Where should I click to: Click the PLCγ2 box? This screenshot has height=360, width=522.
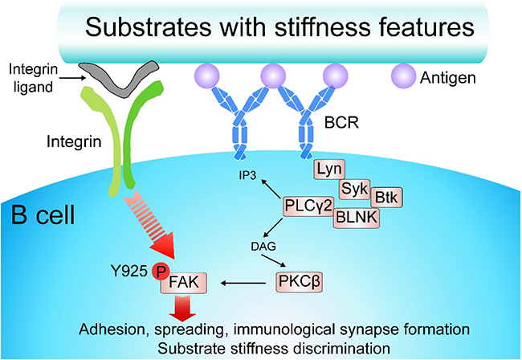tap(306, 207)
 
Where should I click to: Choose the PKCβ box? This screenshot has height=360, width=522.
tap(300, 282)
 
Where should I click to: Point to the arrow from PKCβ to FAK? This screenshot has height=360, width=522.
tap(247, 283)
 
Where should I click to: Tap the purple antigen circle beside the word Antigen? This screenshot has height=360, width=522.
tap(402, 78)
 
